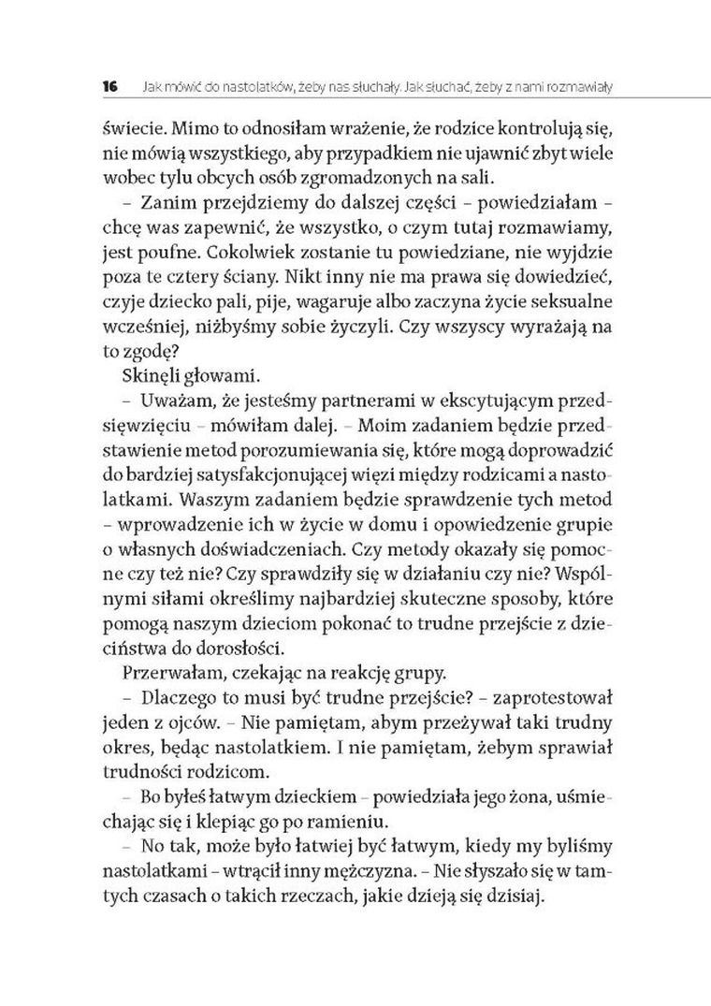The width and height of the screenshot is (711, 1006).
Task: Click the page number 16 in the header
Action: pos(109,87)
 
